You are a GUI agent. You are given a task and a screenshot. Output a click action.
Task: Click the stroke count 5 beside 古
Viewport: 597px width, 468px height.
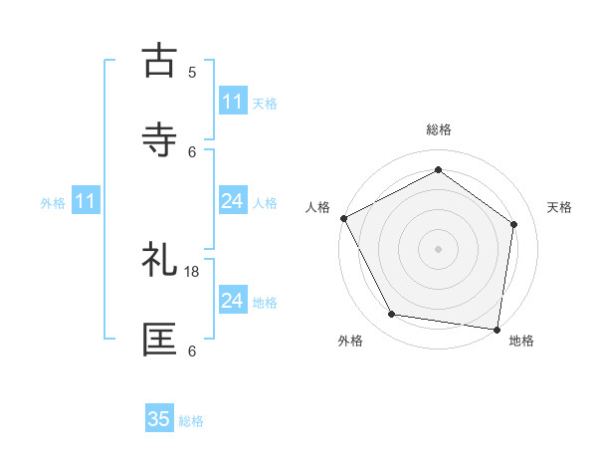(192, 72)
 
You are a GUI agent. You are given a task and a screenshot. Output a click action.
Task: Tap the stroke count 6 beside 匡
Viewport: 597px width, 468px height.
(192, 351)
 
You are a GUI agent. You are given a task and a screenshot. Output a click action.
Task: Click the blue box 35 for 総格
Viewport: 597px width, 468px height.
(159, 419)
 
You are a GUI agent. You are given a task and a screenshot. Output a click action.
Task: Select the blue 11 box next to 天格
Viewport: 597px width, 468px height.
(233, 102)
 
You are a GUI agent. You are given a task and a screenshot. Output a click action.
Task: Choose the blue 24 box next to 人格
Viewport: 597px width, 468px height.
(233, 201)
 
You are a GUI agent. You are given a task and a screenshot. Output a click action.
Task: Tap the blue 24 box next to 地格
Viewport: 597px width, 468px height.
(233, 301)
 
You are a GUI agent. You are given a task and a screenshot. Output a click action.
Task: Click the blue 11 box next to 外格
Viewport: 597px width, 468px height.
(86, 201)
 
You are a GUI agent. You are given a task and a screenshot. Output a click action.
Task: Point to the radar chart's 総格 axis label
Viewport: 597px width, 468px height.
(439, 130)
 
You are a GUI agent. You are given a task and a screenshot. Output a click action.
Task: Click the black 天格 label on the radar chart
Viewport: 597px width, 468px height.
(559, 207)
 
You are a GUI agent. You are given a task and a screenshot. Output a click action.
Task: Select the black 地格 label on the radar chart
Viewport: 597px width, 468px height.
(521, 341)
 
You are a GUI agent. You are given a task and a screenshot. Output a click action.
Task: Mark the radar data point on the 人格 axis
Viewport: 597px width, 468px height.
(344, 218)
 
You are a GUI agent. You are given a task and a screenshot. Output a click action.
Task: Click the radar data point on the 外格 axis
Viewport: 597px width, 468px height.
(392, 315)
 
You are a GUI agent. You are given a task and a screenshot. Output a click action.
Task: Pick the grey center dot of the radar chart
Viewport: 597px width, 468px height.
(439, 248)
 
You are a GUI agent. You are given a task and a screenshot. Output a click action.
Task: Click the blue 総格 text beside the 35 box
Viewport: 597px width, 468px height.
(191, 421)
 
